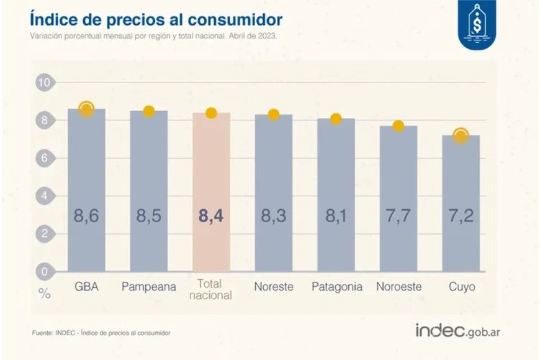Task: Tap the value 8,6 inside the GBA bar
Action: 86,217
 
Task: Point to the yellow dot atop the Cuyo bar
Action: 461,136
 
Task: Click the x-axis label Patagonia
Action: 336,287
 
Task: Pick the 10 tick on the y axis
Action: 45,82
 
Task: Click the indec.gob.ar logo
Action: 457,330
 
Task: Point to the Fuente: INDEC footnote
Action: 101,333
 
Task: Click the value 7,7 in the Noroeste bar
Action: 398,217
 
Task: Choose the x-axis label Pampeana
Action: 149,287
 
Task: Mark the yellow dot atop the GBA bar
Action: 86,109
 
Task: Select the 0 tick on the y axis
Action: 45,271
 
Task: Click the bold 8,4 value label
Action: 211,217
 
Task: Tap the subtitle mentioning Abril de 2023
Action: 153,36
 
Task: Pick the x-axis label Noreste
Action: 273,287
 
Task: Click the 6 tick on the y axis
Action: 45,158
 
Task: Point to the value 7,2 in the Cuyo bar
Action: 461,217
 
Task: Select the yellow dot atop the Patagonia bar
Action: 336,119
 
